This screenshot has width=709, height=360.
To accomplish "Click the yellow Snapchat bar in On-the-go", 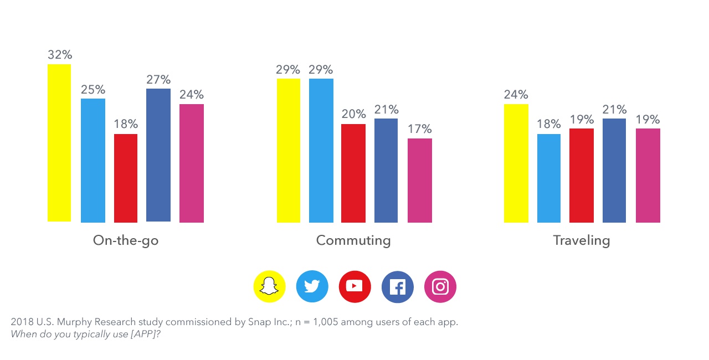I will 59,143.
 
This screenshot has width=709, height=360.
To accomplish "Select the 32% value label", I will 60,55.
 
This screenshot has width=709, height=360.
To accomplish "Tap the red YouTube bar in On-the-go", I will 126,178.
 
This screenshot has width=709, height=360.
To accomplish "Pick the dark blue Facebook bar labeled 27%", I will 158,155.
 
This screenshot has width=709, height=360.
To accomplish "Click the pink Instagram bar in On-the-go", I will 192,163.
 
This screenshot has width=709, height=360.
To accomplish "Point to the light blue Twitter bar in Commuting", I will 321,150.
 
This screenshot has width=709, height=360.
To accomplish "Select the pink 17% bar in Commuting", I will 420,180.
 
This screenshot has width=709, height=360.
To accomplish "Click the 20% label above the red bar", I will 353,114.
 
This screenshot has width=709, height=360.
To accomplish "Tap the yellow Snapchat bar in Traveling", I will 516,163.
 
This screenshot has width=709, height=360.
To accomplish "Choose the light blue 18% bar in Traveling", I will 548,178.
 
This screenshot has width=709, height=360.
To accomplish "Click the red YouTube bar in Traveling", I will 582,175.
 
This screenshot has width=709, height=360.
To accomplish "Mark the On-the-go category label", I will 126,240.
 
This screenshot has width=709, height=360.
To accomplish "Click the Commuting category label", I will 353,240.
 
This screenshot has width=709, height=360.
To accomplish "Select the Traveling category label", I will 582,240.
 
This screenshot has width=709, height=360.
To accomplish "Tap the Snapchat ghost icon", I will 269,286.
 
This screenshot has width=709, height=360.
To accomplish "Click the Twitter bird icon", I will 312,286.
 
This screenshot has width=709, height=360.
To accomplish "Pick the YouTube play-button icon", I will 354,286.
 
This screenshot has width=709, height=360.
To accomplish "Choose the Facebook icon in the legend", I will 397,286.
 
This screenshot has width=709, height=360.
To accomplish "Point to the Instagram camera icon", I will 440,286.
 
